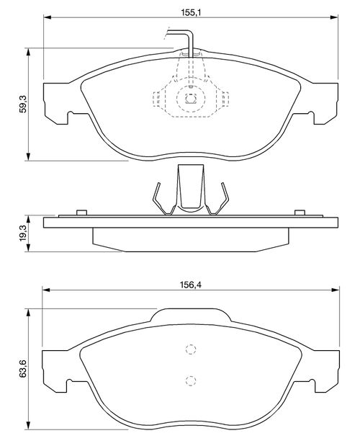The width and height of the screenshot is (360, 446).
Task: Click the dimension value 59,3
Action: click(x=23, y=104)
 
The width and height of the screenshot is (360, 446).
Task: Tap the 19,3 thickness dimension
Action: click(x=23, y=233)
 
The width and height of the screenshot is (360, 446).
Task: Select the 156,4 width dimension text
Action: click(x=191, y=285)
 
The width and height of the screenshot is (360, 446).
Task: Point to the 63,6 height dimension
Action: click(x=23, y=369)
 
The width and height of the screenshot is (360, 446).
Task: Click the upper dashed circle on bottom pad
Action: click(x=191, y=349)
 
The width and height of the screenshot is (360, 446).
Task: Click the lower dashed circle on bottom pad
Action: click(x=191, y=380)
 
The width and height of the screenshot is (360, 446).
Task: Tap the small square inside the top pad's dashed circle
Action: click(x=190, y=99)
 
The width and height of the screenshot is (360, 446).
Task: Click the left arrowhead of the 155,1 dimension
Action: click(x=48, y=17)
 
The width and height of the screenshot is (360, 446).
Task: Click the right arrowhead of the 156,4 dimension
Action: click(x=336, y=290)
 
